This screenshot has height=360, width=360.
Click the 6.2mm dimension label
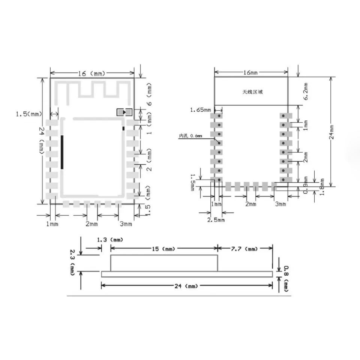pyautogui.click(x=306, y=91)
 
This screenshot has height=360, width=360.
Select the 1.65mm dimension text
pyautogui.click(x=200, y=110)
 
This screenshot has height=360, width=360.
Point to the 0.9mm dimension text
pyautogui.click(x=306, y=186)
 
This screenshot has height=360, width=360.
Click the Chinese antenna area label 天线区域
pyautogui.click(x=253, y=91)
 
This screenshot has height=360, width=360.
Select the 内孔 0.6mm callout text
pyautogui.click(x=190, y=136)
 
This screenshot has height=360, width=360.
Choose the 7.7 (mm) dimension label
pyautogui.click(x=245, y=249)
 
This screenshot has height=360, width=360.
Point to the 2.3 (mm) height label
pyautogui.click(x=73, y=261)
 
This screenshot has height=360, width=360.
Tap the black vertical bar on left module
pyautogui.click(x=62, y=152)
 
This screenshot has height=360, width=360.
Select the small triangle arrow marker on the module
pyautogui.click(x=124, y=112)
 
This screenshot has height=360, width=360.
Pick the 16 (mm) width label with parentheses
pyautogui.click(x=91, y=73)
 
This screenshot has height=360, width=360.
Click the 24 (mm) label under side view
pyautogui.click(x=186, y=286)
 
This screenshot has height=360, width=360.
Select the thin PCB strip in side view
pyautogui.click(x=187, y=274)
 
